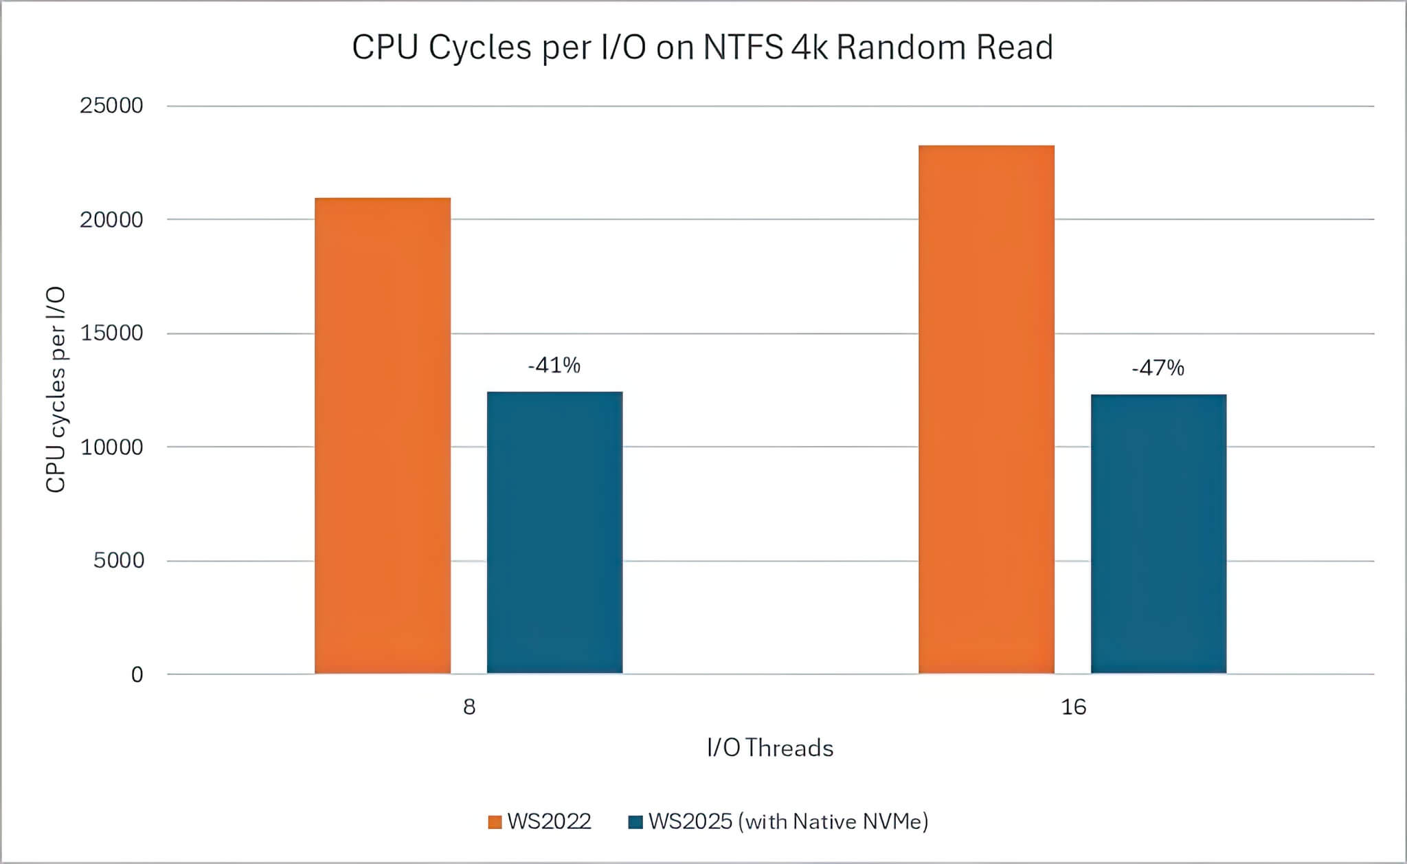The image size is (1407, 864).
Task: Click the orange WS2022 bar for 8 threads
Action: pyautogui.click(x=383, y=436)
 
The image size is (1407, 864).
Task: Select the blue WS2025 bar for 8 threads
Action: pyautogui.click(x=554, y=533)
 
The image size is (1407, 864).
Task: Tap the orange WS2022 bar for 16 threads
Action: pyautogui.click(x=986, y=410)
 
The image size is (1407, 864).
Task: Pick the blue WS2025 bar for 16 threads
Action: pyautogui.click(x=1158, y=534)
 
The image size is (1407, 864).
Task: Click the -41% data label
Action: pyautogui.click(x=554, y=365)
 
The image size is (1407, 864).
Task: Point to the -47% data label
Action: pyautogui.click(x=1158, y=368)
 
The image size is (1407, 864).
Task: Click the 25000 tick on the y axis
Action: pyautogui.click(x=111, y=106)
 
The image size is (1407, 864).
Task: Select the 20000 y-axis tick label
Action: pyautogui.click(x=111, y=220)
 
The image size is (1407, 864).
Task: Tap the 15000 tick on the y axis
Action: pyautogui.click(x=111, y=333)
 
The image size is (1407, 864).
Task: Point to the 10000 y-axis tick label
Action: pyautogui.click(x=111, y=447)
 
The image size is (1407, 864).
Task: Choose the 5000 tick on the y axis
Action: pyautogui.click(x=118, y=561)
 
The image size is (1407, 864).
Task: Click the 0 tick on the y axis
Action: pyautogui.click(x=137, y=675)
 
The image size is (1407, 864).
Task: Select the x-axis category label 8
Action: pyautogui.click(x=469, y=707)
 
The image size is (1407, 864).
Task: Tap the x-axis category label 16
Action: pyautogui.click(x=1073, y=707)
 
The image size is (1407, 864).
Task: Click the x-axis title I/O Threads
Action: pyautogui.click(x=769, y=748)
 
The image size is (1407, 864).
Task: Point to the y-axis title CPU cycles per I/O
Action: pyautogui.click(x=56, y=390)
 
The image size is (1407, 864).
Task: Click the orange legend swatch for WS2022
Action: pyautogui.click(x=495, y=822)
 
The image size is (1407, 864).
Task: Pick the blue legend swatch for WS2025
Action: pyautogui.click(x=635, y=822)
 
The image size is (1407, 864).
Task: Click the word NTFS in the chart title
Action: pyautogui.click(x=743, y=48)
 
